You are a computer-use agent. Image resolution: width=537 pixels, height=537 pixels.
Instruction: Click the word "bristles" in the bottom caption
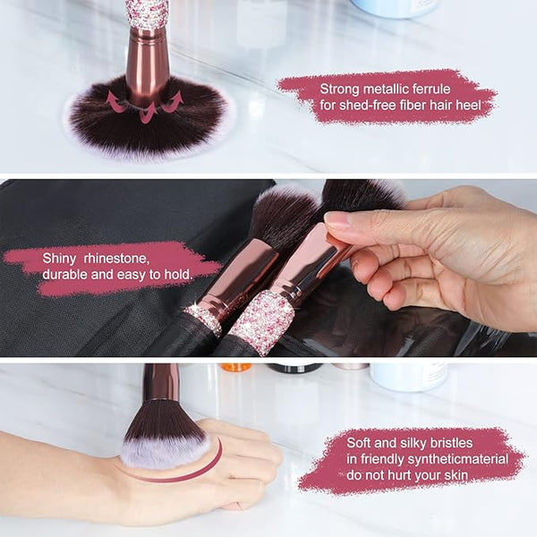451,443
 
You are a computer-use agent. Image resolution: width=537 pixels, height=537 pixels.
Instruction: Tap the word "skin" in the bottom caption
456,475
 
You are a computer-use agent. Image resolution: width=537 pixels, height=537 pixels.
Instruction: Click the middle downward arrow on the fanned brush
148,113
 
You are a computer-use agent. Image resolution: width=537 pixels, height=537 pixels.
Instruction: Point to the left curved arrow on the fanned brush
115,100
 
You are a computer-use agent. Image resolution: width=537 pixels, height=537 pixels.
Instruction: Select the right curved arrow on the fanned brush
174,102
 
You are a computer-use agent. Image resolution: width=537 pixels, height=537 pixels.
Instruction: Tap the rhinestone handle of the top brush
148,14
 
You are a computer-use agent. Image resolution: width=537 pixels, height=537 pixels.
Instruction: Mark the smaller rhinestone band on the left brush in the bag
203,320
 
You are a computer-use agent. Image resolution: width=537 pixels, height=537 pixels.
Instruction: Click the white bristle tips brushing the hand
165,453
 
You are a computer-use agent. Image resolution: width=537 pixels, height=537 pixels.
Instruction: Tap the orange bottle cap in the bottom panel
235,368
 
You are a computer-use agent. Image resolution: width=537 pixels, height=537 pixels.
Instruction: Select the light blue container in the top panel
395,7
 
